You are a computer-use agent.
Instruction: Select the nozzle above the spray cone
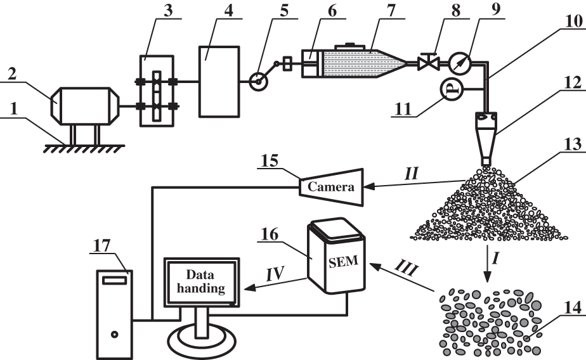click(487, 139)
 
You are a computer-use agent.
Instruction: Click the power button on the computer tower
click(114, 333)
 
